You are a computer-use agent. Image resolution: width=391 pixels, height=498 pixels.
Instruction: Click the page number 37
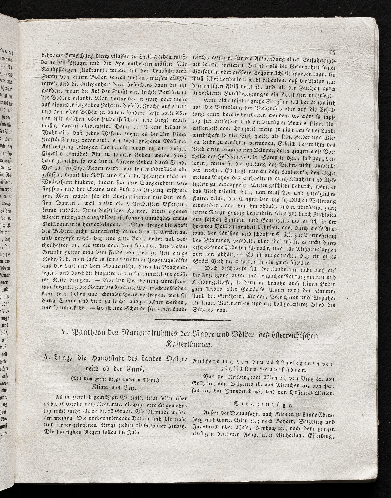click(332, 51)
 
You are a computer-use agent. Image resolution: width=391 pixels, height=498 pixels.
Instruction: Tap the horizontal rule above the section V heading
click(192, 320)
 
